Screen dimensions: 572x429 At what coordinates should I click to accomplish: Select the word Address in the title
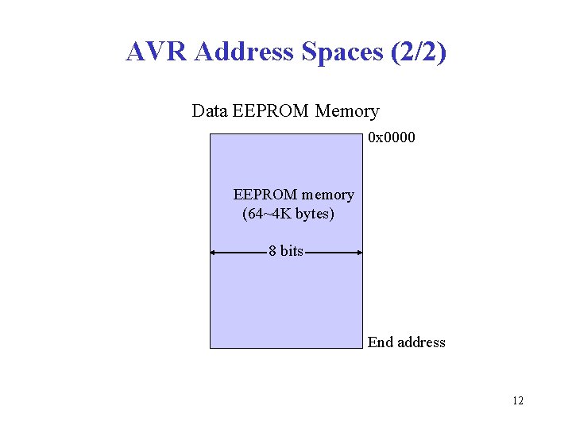pos(243,52)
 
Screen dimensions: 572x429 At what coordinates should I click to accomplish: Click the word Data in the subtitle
pos(210,111)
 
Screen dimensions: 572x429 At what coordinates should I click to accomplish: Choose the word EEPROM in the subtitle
pos(270,111)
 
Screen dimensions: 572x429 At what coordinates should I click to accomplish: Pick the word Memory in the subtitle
pos(347,111)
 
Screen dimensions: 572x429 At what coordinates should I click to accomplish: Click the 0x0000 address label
pos(392,138)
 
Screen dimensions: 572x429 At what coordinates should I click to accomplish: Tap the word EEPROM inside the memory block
pos(265,195)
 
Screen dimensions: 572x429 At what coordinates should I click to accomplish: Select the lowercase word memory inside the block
pos(328,195)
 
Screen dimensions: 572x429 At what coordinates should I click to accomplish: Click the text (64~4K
pos(268,214)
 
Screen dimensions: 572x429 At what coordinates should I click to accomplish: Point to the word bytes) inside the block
pos(315,214)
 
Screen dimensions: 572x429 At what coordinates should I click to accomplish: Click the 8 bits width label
pos(286,251)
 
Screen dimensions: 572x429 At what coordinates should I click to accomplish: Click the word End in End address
pos(380,342)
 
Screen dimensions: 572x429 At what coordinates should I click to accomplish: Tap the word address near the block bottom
pos(420,342)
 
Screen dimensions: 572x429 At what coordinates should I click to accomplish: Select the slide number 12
pos(518,400)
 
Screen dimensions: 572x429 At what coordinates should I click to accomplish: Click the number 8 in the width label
pos(272,251)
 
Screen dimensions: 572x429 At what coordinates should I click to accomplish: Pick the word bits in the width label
pos(292,251)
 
